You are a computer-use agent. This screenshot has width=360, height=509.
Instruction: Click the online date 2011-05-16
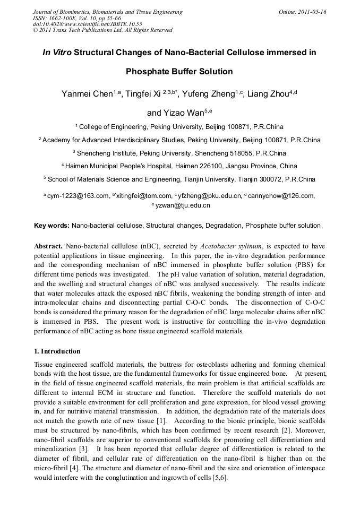click(x=308, y=12)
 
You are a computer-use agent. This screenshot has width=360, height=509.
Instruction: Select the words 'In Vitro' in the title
click(x=57, y=53)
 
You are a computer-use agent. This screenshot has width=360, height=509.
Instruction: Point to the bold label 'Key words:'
click(x=52, y=226)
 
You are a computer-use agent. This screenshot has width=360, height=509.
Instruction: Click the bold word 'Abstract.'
click(x=48, y=247)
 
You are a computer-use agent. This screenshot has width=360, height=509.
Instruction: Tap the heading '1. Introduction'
click(x=57, y=351)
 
